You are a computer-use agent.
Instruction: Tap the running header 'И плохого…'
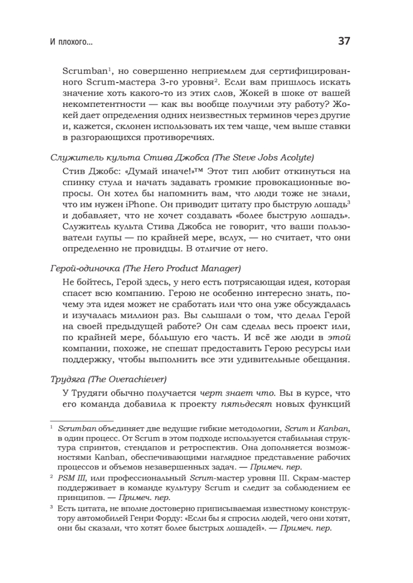[x=72, y=42]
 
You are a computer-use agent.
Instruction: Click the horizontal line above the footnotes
[x=82, y=421]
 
